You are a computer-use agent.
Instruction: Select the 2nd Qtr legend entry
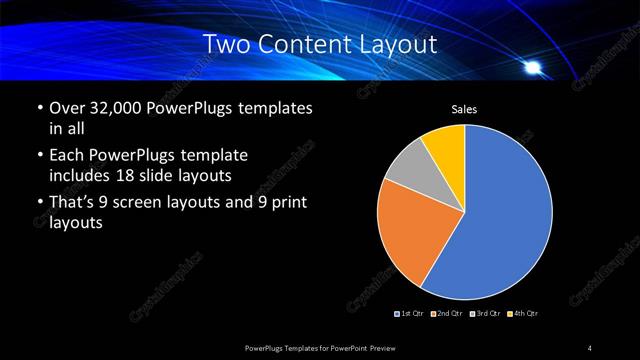click(x=447, y=314)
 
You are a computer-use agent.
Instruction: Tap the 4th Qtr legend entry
click(x=522, y=314)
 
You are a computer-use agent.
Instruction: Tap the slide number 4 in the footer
click(x=590, y=347)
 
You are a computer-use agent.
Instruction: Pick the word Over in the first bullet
click(x=66, y=107)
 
